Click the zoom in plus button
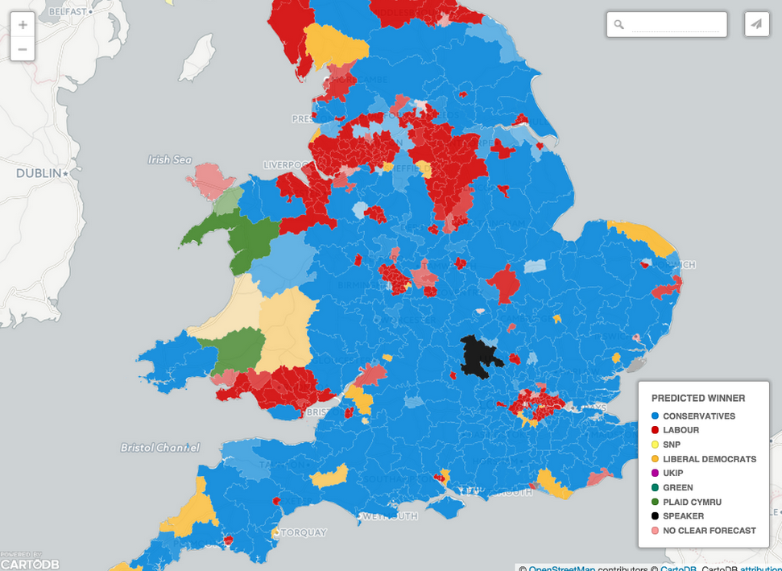click(x=23, y=25)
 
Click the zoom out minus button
click(x=23, y=49)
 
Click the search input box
click(x=675, y=25)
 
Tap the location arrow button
click(x=756, y=24)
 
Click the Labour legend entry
click(x=681, y=431)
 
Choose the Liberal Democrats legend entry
click(x=709, y=459)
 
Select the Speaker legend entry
click(x=683, y=516)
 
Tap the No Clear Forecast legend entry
click(x=709, y=531)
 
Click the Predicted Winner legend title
click(x=698, y=398)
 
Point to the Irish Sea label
click(x=170, y=159)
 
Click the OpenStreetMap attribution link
click(x=562, y=567)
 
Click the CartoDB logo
click(x=31, y=562)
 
